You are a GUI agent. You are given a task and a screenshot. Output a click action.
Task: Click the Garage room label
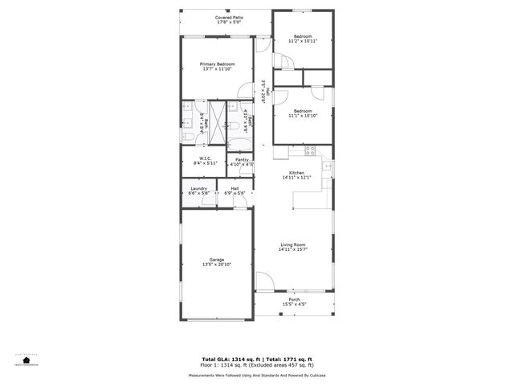click(x=217, y=260)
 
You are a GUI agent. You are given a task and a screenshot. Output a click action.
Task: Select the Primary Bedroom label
click(x=218, y=64)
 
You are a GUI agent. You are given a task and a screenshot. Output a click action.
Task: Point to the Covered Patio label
click(x=230, y=17)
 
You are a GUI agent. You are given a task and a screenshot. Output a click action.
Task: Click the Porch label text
click(x=295, y=299)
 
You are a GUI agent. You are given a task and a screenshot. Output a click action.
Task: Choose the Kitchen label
click(x=296, y=173)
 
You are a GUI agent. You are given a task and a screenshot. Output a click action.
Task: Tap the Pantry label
click(x=242, y=159)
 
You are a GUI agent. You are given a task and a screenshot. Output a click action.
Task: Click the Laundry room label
click(x=199, y=188)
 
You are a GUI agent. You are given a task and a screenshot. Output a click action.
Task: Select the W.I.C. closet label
click(x=206, y=158)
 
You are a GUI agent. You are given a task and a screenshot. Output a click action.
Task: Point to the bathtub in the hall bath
click(x=239, y=144)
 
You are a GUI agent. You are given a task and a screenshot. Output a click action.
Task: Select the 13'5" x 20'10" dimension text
click(x=217, y=265)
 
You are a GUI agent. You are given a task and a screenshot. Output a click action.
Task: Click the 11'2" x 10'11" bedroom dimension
click(x=303, y=41)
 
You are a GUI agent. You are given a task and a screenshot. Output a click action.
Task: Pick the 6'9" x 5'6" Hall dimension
click(x=234, y=193)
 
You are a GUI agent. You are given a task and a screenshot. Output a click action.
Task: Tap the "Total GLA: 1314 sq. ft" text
click(x=227, y=359)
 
